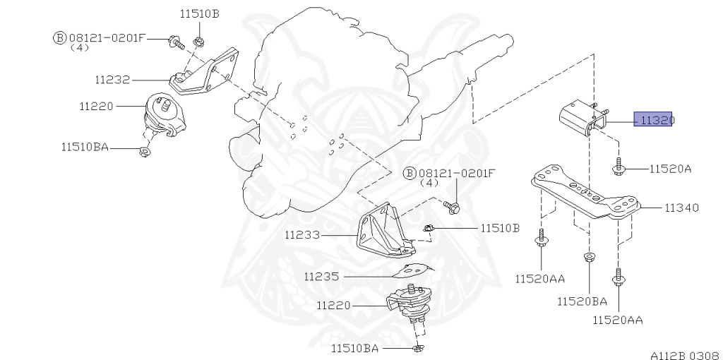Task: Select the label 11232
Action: click(112, 80)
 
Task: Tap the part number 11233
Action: click(302, 234)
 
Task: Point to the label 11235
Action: click(321, 277)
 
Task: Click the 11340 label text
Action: click(681, 208)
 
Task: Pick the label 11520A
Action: click(671, 169)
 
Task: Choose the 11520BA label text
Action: click(582, 301)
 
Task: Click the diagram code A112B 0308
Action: click(684, 355)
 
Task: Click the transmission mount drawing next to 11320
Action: click(583, 118)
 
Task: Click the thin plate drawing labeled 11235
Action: click(412, 270)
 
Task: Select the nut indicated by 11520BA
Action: click(588, 257)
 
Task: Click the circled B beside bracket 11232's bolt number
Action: click(60, 38)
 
